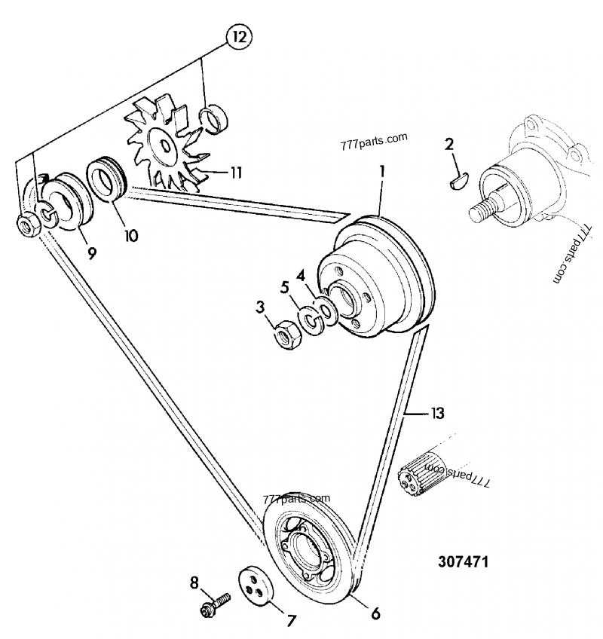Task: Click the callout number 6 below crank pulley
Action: coord(375,613)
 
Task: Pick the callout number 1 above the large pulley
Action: coord(381,172)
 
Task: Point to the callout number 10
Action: coord(131,235)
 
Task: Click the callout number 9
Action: coord(91,253)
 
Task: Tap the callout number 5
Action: coord(285,287)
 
